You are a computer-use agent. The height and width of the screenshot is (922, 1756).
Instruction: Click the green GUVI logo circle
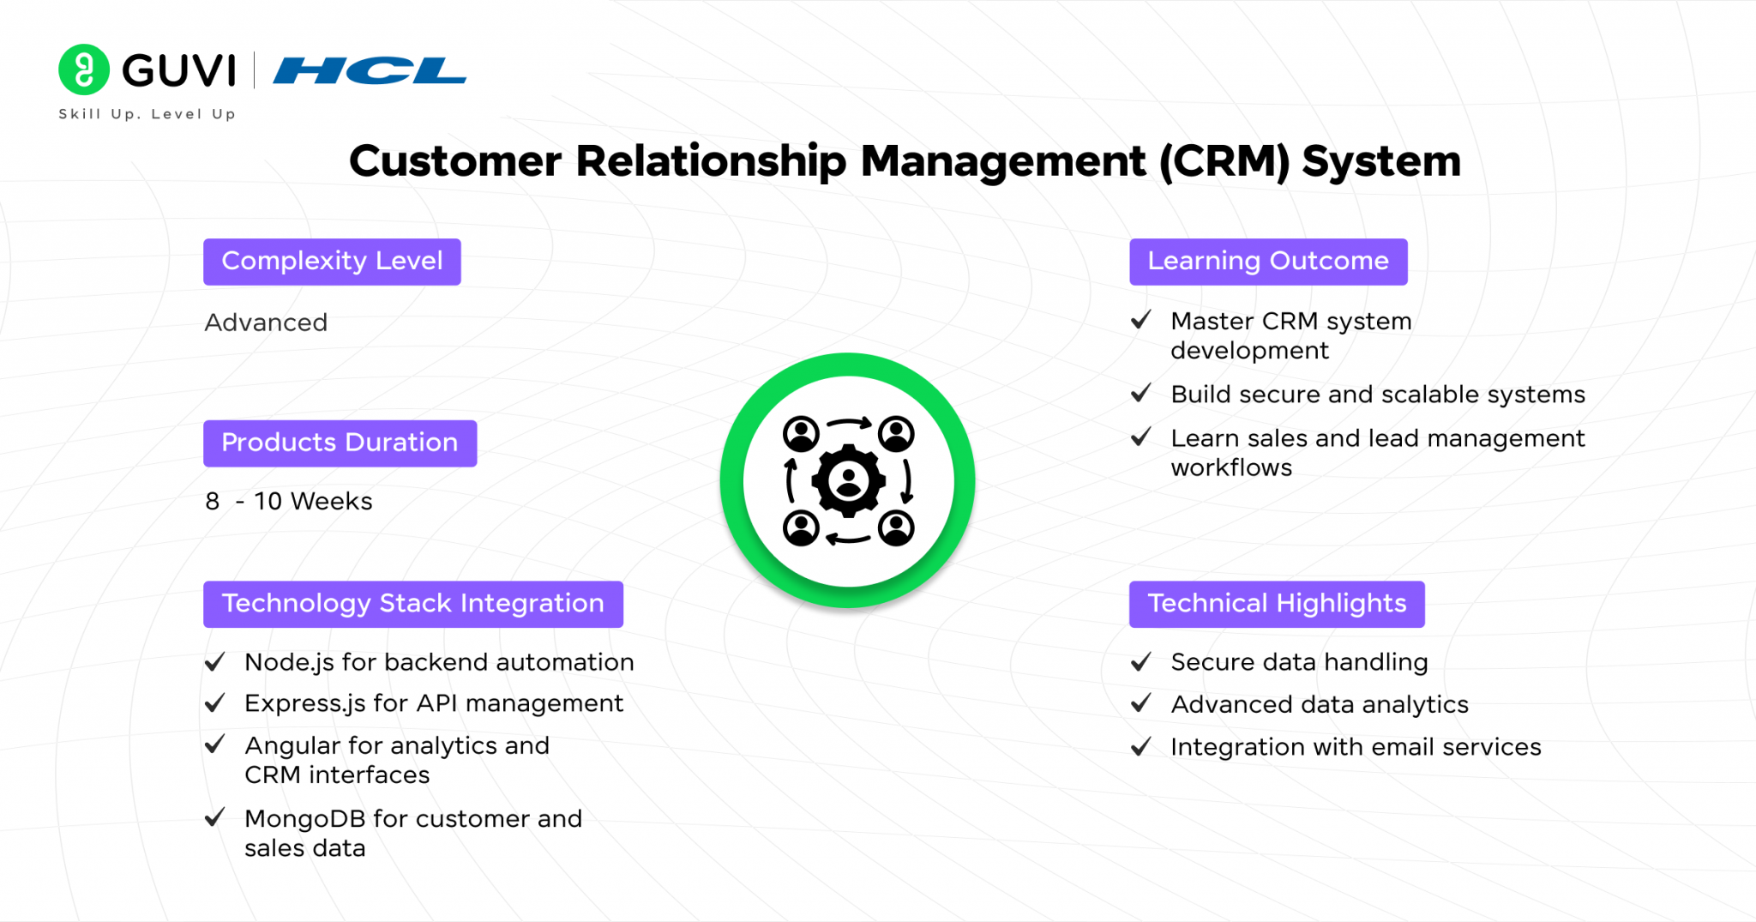(x=83, y=69)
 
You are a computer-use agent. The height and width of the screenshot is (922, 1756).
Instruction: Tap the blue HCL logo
(x=370, y=70)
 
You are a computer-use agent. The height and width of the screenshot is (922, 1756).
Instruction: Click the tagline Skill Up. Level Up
(x=147, y=114)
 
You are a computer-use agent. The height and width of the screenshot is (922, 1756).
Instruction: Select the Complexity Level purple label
(x=332, y=262)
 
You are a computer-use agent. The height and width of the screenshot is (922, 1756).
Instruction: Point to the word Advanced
(x=266, y=322)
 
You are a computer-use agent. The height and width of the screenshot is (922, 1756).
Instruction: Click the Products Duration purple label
(x=340, y=443)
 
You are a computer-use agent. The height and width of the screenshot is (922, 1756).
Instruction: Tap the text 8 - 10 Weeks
(x=289, y=501)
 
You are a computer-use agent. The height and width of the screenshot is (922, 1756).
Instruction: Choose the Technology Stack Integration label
(x=412, y=604)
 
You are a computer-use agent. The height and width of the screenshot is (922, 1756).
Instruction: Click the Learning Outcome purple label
(x=1267, y=262)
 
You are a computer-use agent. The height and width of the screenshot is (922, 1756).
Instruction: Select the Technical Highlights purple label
(x=1276, y=604)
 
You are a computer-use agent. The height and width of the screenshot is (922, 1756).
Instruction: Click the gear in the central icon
(x=848, y=480)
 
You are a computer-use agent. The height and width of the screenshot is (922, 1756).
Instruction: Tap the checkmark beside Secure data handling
(x=1141, y=662)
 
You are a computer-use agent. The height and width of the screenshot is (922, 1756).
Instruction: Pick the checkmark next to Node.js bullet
(x=214, y=662)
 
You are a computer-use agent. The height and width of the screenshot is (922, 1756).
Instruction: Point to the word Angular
(x=292, y=745)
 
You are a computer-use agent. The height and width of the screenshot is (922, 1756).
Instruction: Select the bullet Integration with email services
(x=1355, y=747)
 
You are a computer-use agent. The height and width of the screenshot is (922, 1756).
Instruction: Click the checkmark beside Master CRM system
(x=1141, y=321)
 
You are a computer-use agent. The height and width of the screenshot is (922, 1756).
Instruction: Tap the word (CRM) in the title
(x=1224, y=161)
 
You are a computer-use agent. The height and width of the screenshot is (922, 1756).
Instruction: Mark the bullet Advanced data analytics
(x=1319, y=704)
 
